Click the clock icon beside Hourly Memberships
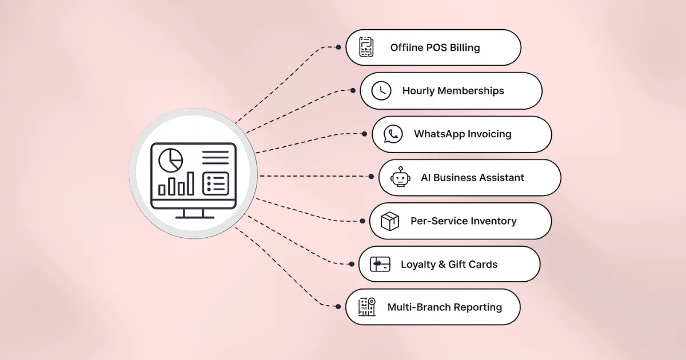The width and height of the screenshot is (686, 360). pos(381,91)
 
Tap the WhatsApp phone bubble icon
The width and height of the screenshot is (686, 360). pos(393,134)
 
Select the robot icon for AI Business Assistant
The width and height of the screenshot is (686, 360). pos(400,177)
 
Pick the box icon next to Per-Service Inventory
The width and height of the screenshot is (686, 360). pos(390,221)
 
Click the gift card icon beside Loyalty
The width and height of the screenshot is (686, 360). pos(380,264)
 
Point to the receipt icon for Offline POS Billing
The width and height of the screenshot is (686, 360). pos(366,47)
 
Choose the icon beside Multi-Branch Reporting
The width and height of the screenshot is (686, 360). pos(367,307)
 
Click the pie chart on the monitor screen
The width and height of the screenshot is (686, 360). pos(170,160)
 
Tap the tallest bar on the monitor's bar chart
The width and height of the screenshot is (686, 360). pos(190,183)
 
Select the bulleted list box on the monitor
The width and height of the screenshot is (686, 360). pos(216,183)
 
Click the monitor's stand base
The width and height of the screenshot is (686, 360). pos(194,217)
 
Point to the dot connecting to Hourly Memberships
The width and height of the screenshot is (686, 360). pos(353,91)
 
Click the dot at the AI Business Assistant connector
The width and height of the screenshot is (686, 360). pos(371,177)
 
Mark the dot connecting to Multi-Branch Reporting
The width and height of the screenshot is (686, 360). pos(338,306)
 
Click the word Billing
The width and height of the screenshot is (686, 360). pos(465,48)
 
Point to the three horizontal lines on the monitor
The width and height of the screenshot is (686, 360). pos(216,157)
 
